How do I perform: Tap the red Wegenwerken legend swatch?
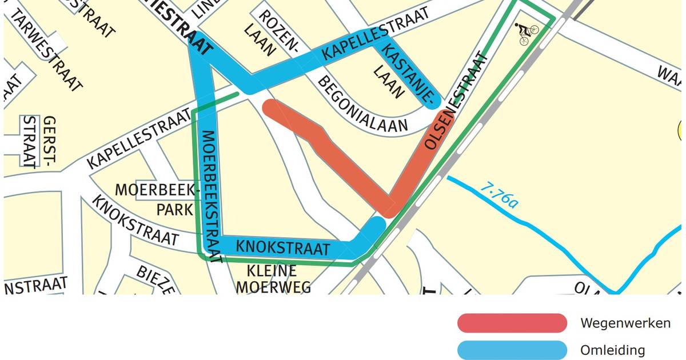(512, 323)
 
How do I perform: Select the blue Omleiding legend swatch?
(512, 350)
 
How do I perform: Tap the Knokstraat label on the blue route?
(283, 247)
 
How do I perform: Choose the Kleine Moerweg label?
(273, 278)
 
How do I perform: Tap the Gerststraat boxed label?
(40, 142)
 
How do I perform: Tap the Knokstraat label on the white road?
(134, 221)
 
